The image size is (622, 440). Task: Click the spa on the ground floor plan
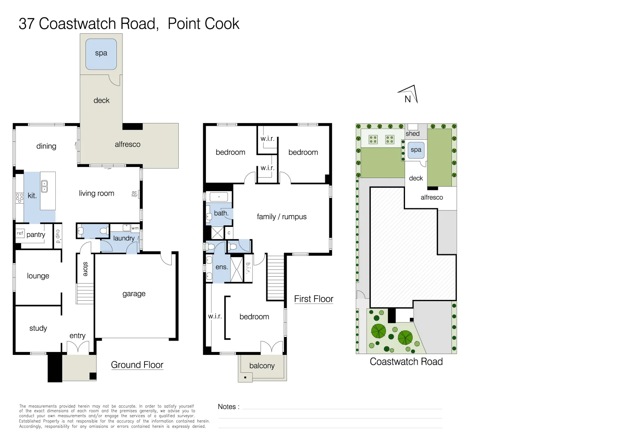click(101, 53)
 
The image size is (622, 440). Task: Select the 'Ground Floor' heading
click(137, 365)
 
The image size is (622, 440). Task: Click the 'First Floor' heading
click(313, 299)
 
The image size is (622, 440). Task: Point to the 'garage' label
click(134, 294)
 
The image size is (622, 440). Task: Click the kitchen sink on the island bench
click(44, 187)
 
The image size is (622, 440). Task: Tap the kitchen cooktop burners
click(19, 198)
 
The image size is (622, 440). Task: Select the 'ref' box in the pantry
click(20, 233)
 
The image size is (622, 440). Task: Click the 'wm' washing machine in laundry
click(135, 228)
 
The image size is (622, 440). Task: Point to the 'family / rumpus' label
click(282, 217)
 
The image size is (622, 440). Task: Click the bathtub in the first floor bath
click(219, 197)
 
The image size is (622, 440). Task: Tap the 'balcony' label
click(262, 366)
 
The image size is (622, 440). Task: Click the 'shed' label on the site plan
click(412, 134)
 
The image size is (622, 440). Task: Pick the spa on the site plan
click(416, 150)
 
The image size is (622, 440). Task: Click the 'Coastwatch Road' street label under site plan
click(406, 362)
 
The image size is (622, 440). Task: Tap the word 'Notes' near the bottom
click(227, 407)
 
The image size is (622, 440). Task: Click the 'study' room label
click(38, 328)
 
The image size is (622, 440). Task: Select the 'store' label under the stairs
click(85, 269)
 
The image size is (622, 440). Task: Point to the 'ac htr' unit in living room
click(135, 194)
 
